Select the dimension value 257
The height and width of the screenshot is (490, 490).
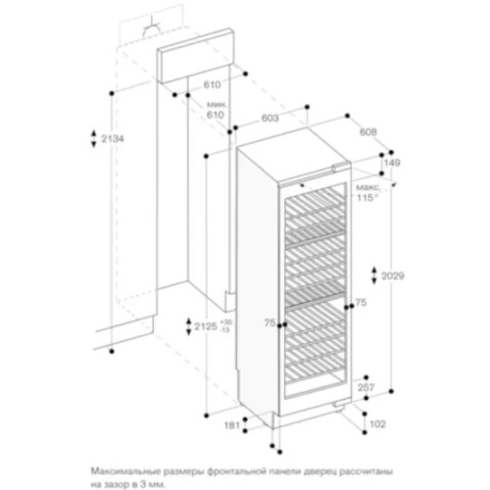pyautogui.click(x=364, y=388)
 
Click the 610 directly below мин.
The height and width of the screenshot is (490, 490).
pyautogui.click(x=215, y=115)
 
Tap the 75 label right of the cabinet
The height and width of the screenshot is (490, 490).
pyautogui.click(x=361, y=304)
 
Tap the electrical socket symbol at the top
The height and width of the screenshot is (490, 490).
pyautogui.click(x=153, y=29)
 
